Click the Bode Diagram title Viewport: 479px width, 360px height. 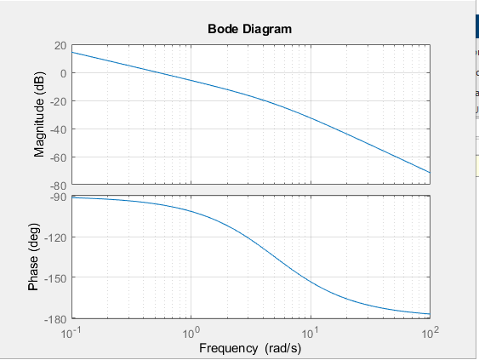[249, 29]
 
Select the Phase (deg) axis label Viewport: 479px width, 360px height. [34, 257]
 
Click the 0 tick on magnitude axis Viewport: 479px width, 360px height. [63, 73]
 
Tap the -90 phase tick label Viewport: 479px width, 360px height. [58, 197]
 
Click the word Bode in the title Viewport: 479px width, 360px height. [224, 29]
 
